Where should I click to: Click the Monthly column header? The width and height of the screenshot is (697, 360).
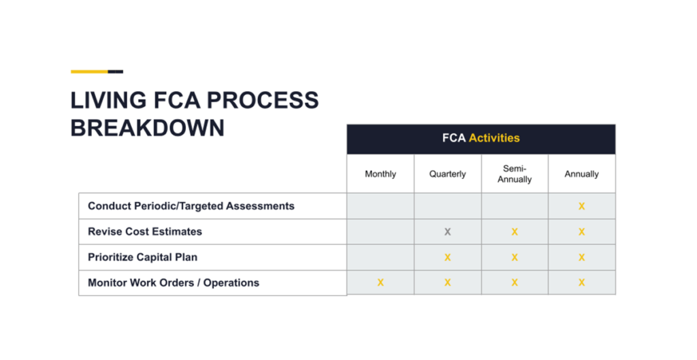(380, 174)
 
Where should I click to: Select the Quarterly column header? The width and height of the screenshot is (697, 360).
(447, 174)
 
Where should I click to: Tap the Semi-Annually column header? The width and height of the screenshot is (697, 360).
(515, 174)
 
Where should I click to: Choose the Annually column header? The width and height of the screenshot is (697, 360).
(581, 174)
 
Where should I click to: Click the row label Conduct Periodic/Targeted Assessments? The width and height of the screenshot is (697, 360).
(191, 206)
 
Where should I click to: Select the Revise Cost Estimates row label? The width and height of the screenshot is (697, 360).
(145, 231)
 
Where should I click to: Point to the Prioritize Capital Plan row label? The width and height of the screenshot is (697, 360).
(142, 257)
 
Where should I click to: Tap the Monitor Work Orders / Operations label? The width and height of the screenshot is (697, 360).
(174, 282)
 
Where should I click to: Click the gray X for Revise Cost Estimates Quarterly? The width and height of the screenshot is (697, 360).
(447, 232)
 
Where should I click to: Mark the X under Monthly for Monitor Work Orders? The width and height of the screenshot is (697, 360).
(380, 282)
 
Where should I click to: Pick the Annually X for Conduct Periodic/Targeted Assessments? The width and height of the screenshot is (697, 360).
(581, 206)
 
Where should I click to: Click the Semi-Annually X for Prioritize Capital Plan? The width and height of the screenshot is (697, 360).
(515, 257)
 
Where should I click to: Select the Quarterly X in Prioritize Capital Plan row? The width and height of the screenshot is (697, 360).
(447, 257)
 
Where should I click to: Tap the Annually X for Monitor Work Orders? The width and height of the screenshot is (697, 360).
(581, 282)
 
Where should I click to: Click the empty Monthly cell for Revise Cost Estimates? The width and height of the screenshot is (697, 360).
(380, 232)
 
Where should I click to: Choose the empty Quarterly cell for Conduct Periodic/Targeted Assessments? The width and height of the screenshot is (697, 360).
(447, 206)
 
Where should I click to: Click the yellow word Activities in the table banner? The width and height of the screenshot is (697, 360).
(494, 138)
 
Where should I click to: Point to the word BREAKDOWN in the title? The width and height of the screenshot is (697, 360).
(147, 128)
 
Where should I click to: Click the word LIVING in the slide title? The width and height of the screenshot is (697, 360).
(106, 101)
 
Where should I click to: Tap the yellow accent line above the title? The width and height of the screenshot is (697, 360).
(89, 71)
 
